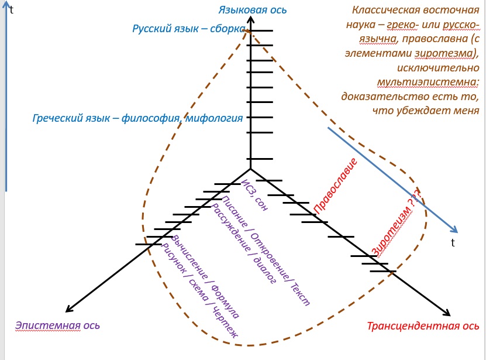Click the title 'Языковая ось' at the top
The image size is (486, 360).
252,10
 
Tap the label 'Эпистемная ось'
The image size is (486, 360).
57,325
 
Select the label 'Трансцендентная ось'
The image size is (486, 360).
423,326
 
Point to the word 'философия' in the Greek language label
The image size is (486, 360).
146,118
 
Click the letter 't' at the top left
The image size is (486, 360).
11,10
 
